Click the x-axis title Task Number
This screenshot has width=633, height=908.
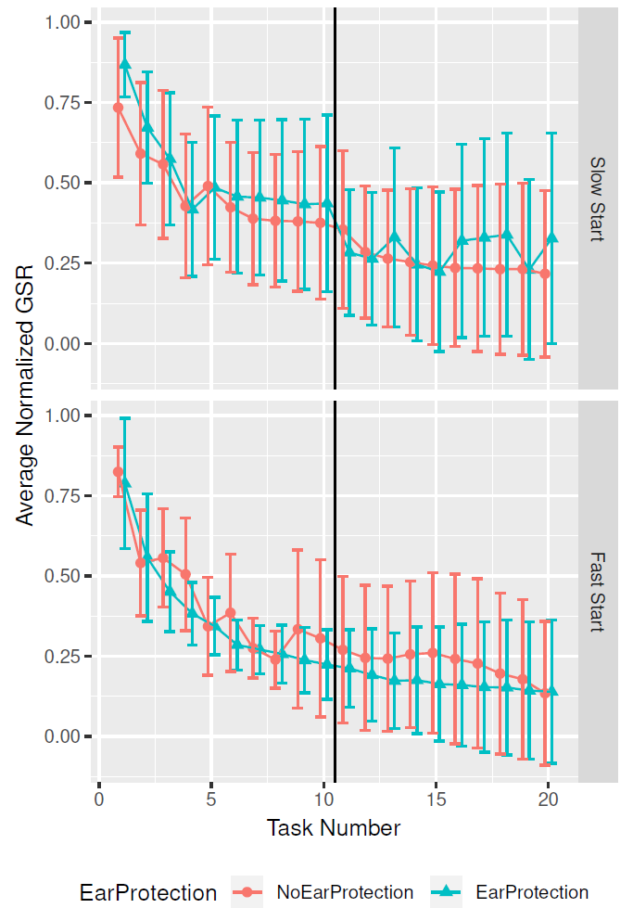pyautogui.click(x=334, y=827)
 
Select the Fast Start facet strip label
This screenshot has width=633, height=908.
pyautogui.click(x=597, y=592)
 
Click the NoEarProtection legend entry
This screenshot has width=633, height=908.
pyautogui.click(x=344, y=892)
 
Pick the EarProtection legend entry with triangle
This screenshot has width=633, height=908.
pyautogui.click(x=531, y=892)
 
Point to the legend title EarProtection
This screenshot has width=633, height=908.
pyautogui.click(x=148, y=892)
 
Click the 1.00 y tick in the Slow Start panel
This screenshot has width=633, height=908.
pyautogui.click(x=70, y=22)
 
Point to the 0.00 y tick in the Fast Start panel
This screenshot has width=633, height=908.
pyautogui.click(x=70, y=736)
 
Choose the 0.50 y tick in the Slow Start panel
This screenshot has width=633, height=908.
pyautogui.click(x=70, y=183)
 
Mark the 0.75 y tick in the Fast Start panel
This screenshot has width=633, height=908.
pyautogui.click(x=70, y=496)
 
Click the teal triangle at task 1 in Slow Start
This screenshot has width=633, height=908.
pyautogui.click(x=125, y=64)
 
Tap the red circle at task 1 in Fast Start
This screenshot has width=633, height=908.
pyautogui.click(x=118, y=472)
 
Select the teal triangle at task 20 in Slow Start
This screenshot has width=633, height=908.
pyautogui.click(x=552, y=238)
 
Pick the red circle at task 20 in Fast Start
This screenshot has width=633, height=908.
pyautogui.click(x=545, y=694)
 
